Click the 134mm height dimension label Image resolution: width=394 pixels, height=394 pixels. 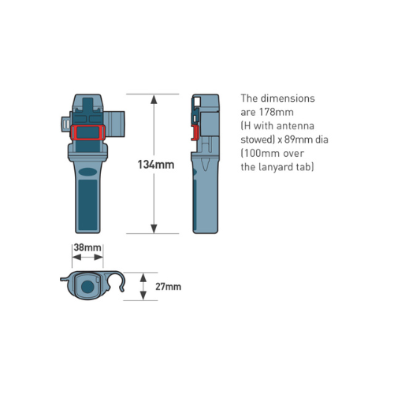(156, 165)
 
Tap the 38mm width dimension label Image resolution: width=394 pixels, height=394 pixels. (87, 247)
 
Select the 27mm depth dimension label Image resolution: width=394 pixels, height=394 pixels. (168, 287)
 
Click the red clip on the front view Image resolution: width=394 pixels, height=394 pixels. (87, 132)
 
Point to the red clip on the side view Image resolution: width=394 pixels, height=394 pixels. (194, 132)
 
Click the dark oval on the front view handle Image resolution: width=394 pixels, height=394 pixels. (87, 172)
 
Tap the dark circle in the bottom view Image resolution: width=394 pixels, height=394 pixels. (87, 287)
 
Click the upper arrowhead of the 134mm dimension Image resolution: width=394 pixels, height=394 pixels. (154, 99)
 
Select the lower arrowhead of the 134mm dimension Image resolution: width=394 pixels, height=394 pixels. (154, 229)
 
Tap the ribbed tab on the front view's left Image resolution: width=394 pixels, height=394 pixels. (65, 123)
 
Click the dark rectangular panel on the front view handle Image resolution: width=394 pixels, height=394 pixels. (87, 205)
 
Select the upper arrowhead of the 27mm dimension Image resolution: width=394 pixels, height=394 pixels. (143, 277)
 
